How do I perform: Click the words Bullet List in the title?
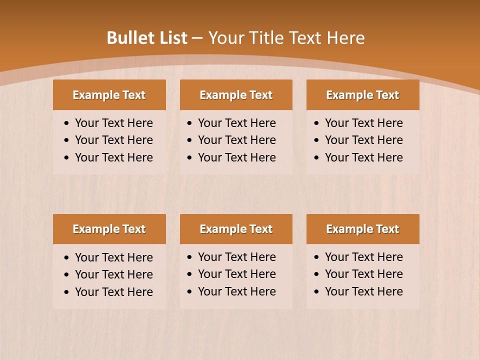coord(147,38)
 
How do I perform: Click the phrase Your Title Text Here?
coord(286,38)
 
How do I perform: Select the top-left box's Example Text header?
coord(109,95)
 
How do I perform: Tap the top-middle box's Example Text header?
coord(236,95)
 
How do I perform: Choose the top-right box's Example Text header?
coord(362,95)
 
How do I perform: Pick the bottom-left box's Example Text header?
coord(109,229)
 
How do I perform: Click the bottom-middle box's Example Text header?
coord(236,229)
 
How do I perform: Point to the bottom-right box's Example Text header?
coord(362,229)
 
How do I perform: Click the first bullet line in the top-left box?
coord(113,123)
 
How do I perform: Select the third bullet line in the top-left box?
coord(113,157)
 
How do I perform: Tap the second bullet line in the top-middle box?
coord(236,140)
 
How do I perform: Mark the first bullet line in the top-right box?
coord(363,123)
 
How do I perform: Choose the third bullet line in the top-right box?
coord(363,157)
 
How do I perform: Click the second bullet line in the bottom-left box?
coord(113,274)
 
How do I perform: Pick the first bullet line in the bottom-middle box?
coord(236,257)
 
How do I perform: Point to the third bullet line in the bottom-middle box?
coord(236,291)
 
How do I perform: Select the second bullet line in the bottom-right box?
coord(363,274)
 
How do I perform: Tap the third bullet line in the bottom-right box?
coord(363,291)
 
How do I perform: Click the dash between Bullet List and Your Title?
coord(197,38)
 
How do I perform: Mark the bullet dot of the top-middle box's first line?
coord(190,123)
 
